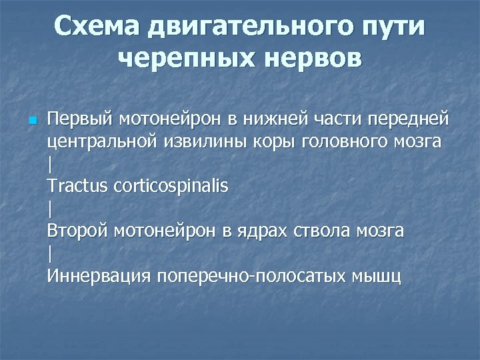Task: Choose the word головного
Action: click(347, 141)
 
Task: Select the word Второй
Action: click(78, 231)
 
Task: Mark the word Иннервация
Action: click(99, 275)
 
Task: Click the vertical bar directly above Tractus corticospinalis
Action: click(50, 164)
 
